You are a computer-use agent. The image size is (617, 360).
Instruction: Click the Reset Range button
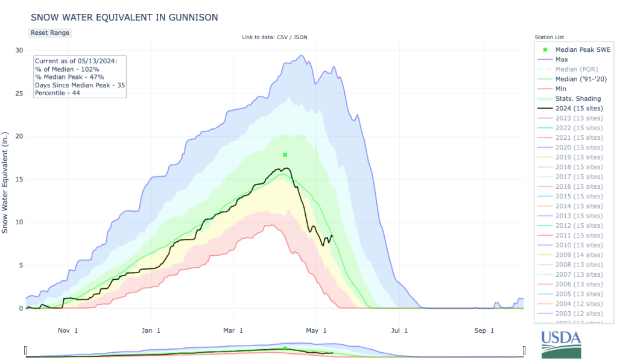(50, 33)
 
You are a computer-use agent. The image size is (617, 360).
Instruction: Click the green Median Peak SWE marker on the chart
(285, 155)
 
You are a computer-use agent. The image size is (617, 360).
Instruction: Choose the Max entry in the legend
(562, 60)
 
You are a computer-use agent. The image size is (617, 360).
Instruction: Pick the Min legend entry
(561, 89)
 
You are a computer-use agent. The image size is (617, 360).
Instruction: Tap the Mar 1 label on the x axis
(233, 330)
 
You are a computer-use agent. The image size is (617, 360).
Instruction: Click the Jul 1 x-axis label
(400, 330)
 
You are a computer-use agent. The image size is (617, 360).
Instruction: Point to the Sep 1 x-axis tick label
(484, 330)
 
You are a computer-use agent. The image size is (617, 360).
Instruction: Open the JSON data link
(300, 37)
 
